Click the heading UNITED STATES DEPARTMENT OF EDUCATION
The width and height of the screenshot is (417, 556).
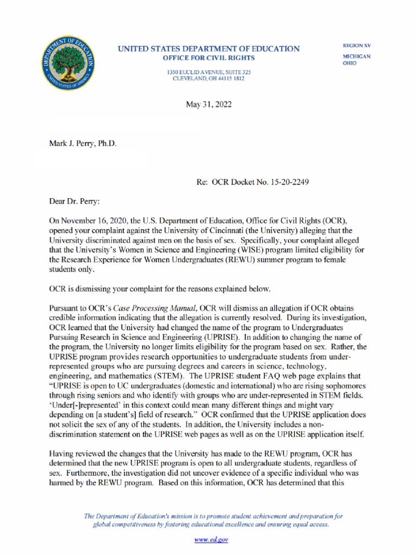coord(208,49)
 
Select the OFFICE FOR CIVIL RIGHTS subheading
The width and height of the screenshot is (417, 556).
coord(208,58)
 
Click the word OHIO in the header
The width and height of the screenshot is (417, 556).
coord(349,63)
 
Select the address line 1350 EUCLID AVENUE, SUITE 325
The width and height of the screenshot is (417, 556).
coord(208,72)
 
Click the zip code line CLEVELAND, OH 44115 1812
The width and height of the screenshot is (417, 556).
coord(208,79)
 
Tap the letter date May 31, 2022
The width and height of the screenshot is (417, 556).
coord(208,104)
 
